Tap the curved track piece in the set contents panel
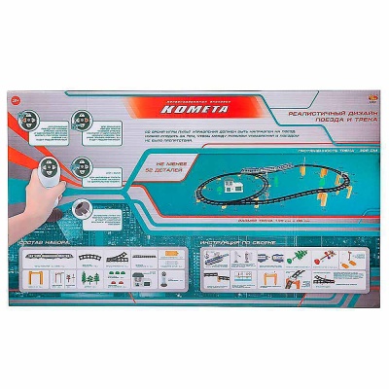[x=92, y=255]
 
